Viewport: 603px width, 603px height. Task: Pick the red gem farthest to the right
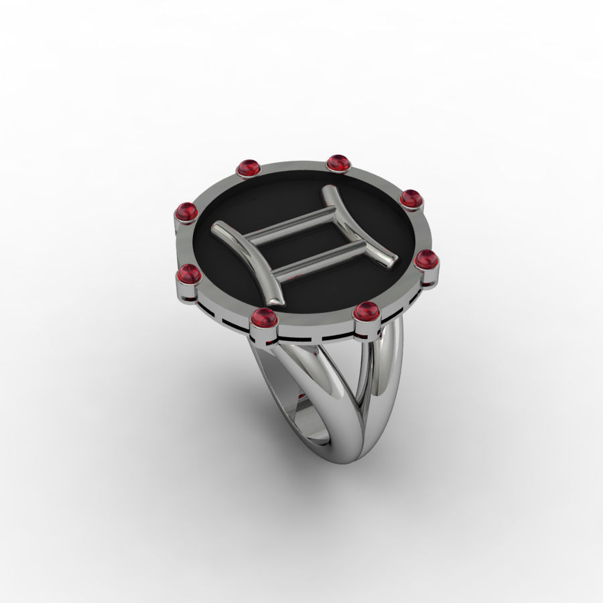(x=426, y=259)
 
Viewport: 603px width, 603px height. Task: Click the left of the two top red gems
(x=249, y=167)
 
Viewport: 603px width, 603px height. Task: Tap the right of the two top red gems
(x=339, y=162)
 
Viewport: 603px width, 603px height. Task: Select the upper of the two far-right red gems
(x=410, y=198)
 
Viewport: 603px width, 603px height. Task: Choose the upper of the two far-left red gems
(x=186, y=212)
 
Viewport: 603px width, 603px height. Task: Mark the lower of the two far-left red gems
(x=190, y=274)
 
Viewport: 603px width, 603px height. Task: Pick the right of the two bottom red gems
(x=366, y=312)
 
